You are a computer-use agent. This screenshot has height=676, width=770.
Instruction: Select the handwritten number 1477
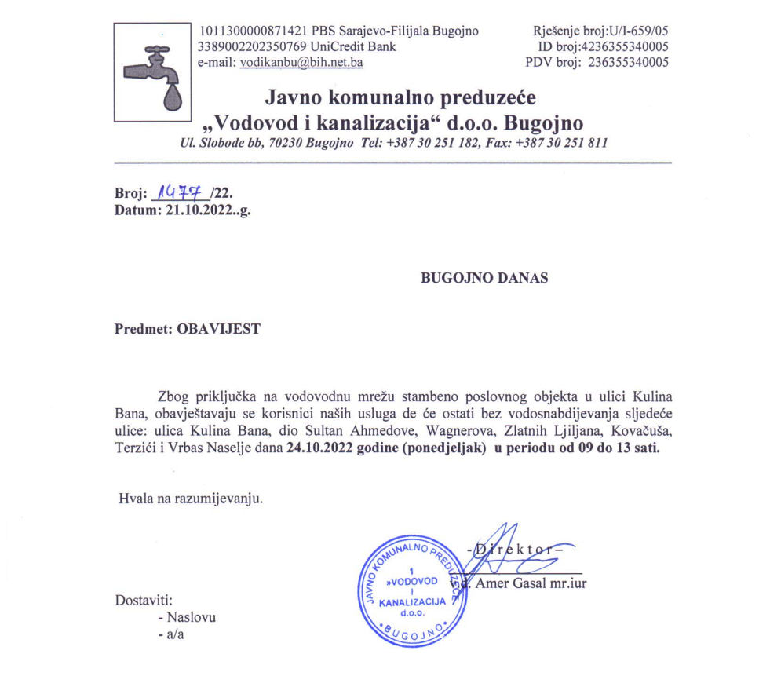pos(180,191)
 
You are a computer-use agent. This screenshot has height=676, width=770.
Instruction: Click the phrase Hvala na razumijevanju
pos(190,499)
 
